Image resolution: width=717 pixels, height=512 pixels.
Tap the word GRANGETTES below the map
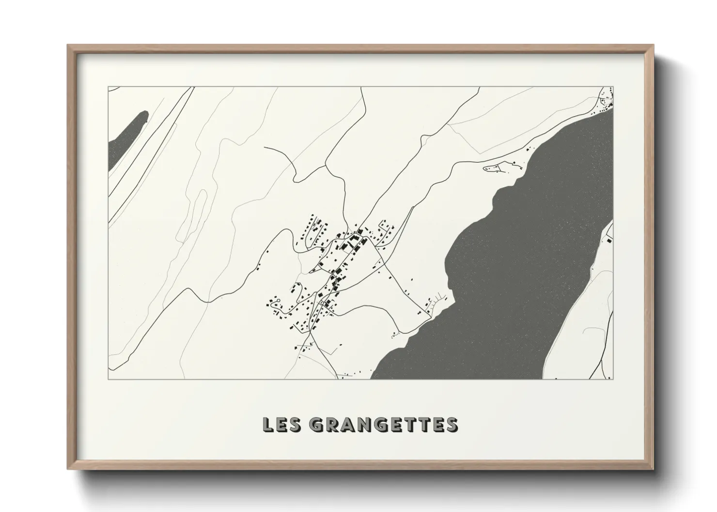(383, 425)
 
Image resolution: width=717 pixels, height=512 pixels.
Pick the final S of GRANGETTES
(451, 425)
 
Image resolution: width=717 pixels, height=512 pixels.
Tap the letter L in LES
(267, 425)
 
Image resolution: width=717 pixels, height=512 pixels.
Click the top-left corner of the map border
(109, 87)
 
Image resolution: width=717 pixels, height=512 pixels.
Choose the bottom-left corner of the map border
(109, 379)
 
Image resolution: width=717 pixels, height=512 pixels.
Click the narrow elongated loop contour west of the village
(199, 213)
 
